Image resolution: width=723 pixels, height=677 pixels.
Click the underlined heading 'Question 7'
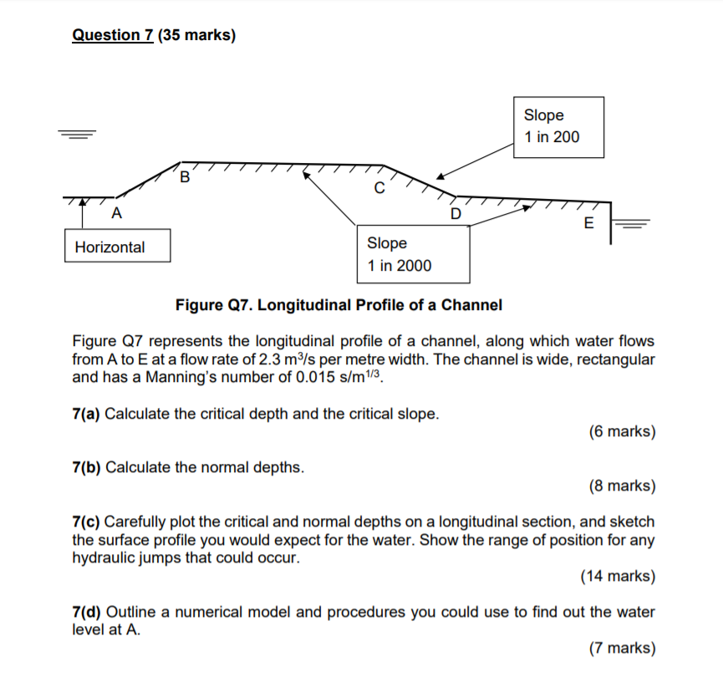coord(108,35)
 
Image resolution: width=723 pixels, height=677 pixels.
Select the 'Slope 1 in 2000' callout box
coord(412,254)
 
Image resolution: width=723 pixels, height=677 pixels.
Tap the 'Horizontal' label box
coord(117,247)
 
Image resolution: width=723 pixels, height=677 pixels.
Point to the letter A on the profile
coord(116,214)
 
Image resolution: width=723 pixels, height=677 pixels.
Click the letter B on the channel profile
coord(185,177)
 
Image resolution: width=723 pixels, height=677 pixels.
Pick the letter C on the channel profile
coord(379,189)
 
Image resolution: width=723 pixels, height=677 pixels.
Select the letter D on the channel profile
coord(456,213)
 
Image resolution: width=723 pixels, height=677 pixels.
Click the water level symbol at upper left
coord(78,135)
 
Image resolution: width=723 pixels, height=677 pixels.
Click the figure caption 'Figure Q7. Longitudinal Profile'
coord(339,305)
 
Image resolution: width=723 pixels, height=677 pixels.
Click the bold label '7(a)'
coord(86,414)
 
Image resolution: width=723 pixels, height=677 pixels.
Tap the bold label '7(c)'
coord(86,522)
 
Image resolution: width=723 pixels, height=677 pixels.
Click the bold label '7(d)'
coord(86,612)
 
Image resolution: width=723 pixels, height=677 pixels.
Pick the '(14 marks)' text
coord(618,576)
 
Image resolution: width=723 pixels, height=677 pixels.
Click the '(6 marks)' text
coord(622,432)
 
